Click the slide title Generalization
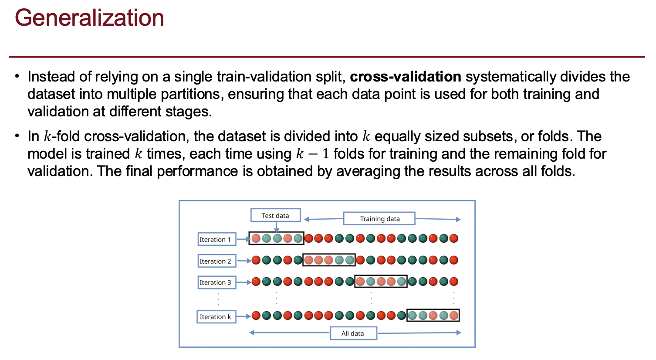point(89,18)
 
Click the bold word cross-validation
point(405,77)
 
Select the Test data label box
point(275,215)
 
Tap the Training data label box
point(379,218)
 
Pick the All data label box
point(353,333)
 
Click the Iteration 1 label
point(216,239)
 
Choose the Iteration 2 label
point(216,261)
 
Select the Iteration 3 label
point(216,282)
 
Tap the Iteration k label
point(216,317)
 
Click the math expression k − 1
point(312,154)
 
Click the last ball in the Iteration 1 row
point(454,238)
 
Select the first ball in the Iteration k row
point(256,316)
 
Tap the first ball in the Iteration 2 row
point(256,260)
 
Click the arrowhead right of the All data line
point(458,333)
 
